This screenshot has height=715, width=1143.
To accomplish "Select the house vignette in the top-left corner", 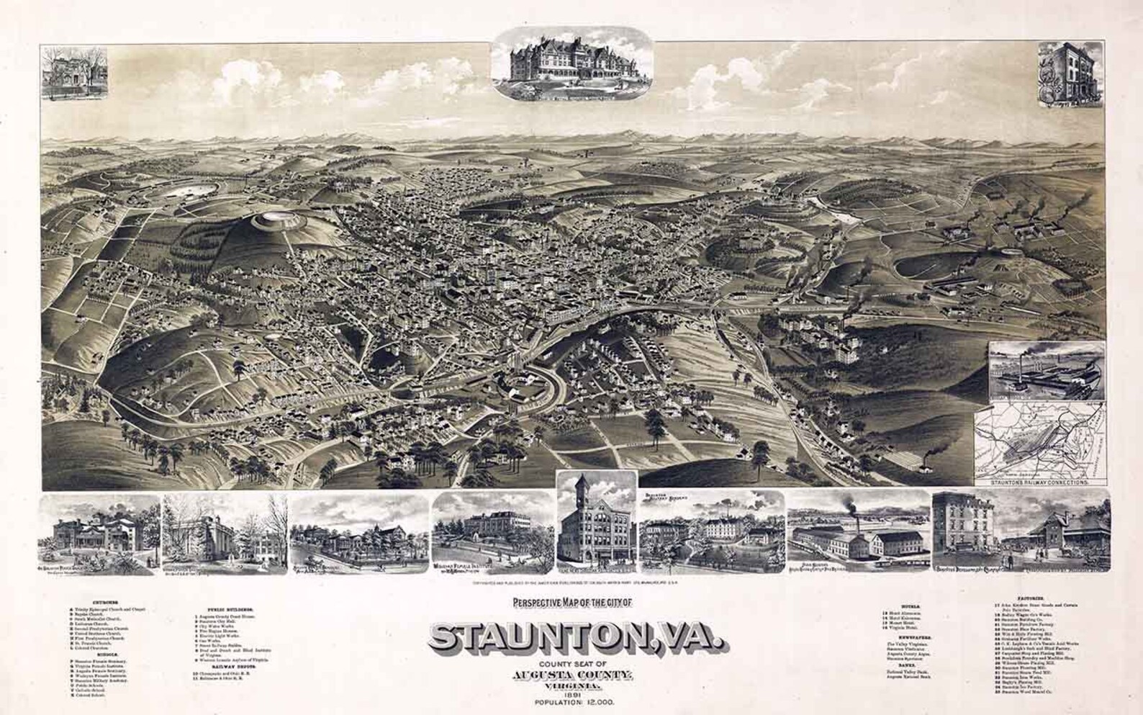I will click(74, 72).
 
